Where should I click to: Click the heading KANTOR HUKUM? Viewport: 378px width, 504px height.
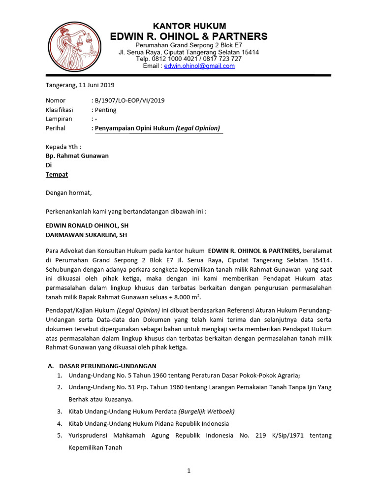(x=189, y=26)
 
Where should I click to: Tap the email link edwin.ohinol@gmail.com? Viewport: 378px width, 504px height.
(x=199, y=66)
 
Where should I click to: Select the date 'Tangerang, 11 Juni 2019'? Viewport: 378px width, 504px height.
(x=80, y=85)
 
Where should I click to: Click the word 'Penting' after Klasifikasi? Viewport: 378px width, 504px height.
(x=105, y=110)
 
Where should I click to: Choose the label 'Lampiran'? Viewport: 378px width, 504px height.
(x=59, y=119)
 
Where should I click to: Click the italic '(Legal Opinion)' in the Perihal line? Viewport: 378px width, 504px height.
(x=197, y=128)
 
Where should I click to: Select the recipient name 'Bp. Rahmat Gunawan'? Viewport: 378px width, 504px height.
(x=77, y=156)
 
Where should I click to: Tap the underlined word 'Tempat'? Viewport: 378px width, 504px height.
(x=57, y=174)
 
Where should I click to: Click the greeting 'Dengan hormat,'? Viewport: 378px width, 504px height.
(x=68, y=193)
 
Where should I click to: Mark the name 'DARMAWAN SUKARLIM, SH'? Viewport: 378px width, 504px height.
(x=86, y=235)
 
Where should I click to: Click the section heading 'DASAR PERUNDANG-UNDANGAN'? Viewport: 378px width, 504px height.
(x=107, y=366)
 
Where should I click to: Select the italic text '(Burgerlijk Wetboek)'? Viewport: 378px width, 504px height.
(x=207, y=411)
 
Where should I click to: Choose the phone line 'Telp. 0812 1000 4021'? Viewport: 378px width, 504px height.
(x=165, y=59)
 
